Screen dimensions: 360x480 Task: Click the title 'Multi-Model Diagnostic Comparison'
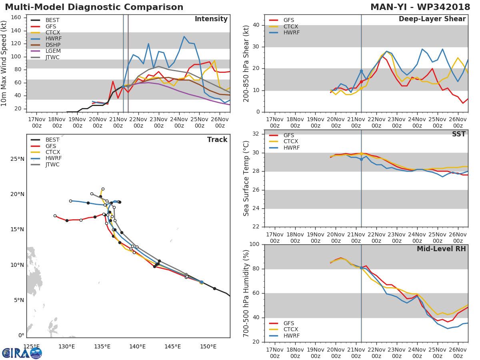[94, 7]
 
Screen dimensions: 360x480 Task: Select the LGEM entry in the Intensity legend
[52, 51]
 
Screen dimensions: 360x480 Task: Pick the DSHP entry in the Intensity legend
[52, 45]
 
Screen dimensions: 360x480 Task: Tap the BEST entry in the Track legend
[52, 140]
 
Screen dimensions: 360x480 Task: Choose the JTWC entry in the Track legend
[52, 164]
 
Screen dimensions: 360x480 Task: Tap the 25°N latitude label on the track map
[17, 159]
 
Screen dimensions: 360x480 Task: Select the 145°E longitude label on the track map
[172, 346]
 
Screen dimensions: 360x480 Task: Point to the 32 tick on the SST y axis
[257, 134]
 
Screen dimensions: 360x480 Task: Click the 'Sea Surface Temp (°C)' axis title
[246, 178]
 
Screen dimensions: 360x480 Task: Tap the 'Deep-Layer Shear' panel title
[432, 19]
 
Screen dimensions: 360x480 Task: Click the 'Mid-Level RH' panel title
[441, 249]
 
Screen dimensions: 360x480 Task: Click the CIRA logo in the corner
[22, 353]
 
